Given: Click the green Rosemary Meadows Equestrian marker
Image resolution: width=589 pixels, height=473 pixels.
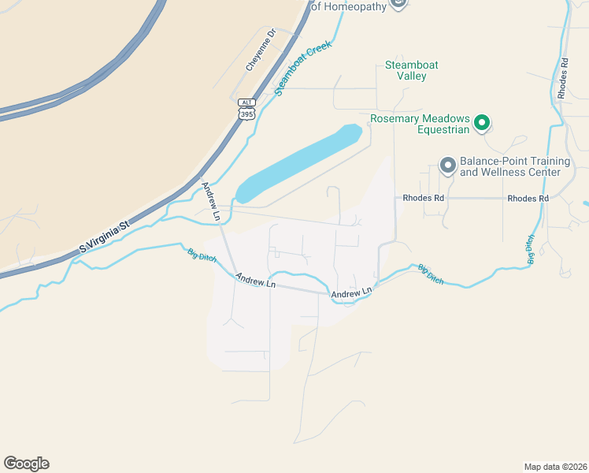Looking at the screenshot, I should click(x=481, y=124).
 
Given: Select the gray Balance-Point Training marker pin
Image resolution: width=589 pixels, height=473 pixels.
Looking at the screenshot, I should click(x=448, y=166).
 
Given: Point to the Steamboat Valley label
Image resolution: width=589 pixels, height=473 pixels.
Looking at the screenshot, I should click(x=411, y=70).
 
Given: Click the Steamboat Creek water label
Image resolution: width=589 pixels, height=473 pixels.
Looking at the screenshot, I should click(x=303, y=69).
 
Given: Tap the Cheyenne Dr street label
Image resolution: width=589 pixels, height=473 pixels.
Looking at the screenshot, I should click(x=261, y=50).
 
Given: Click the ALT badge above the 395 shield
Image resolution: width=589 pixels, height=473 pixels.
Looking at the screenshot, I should click(x=247, y=102).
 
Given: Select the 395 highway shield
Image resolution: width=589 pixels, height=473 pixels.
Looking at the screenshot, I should click(x=247, y=114).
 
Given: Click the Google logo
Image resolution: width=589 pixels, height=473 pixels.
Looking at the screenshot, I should click(x=26, y=464).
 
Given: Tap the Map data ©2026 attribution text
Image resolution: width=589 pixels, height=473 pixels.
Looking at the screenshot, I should click(x=555, y=466).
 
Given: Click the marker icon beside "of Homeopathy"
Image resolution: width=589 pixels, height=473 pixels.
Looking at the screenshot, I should click(x=398, y=3).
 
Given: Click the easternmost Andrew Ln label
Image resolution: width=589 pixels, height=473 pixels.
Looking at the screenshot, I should click(x=351, y=294).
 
